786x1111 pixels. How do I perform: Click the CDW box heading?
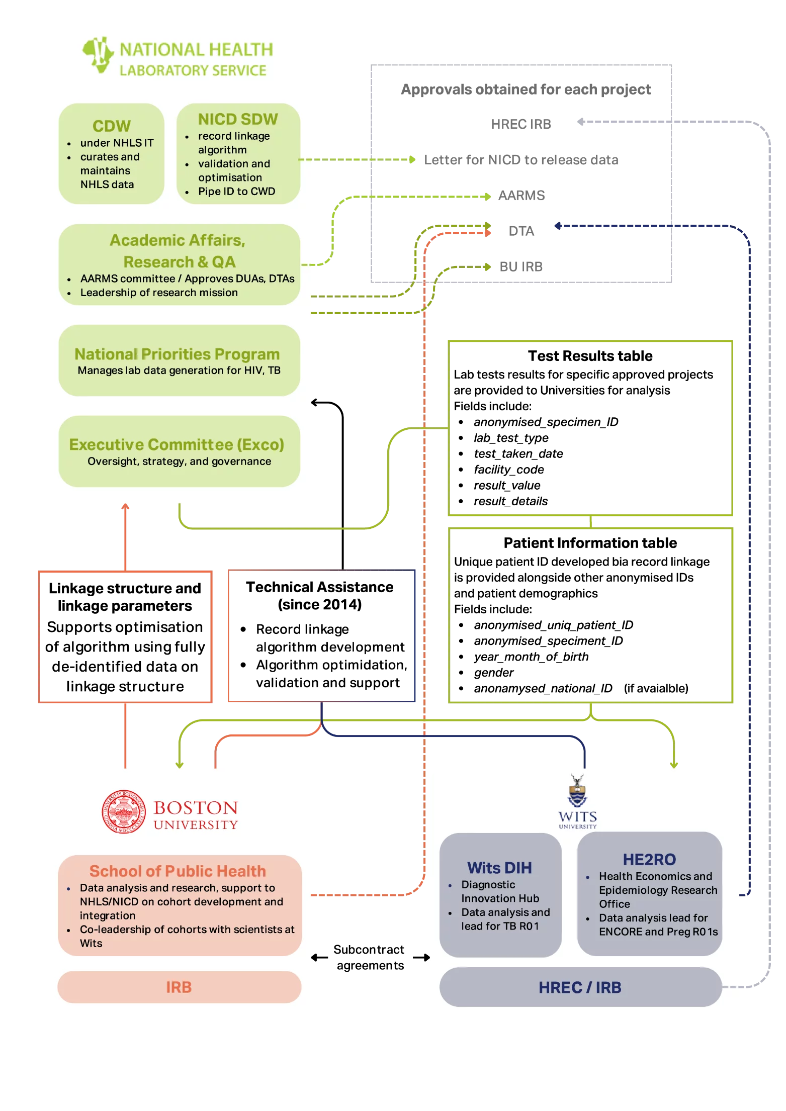click(111, 126)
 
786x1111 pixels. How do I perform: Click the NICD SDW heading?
click(238, 119)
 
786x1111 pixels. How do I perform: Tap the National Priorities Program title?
click(177, 354)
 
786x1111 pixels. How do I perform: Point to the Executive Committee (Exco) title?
click(177, 444)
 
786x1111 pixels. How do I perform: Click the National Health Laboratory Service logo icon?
click(99, 55)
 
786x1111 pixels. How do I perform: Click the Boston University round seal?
click(124, 811)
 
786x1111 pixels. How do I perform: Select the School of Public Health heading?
click(178, 871)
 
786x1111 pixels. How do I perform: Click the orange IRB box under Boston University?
click(179, 987)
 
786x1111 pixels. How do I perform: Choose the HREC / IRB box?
click(580, 987)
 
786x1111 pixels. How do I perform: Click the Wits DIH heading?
click(499, 868)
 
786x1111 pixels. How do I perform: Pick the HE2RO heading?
click(649, 860)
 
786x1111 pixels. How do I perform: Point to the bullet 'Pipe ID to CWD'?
click(236, 192)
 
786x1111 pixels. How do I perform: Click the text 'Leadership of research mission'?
click(159, 293)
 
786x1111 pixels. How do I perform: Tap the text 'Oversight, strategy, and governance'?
click(179, 461)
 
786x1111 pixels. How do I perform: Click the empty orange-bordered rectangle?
click(125, 636)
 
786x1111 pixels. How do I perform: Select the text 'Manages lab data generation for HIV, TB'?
click(179, 371)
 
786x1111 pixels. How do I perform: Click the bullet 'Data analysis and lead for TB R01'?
click(505, 919)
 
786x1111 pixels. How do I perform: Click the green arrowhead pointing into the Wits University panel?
click(674, 764)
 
